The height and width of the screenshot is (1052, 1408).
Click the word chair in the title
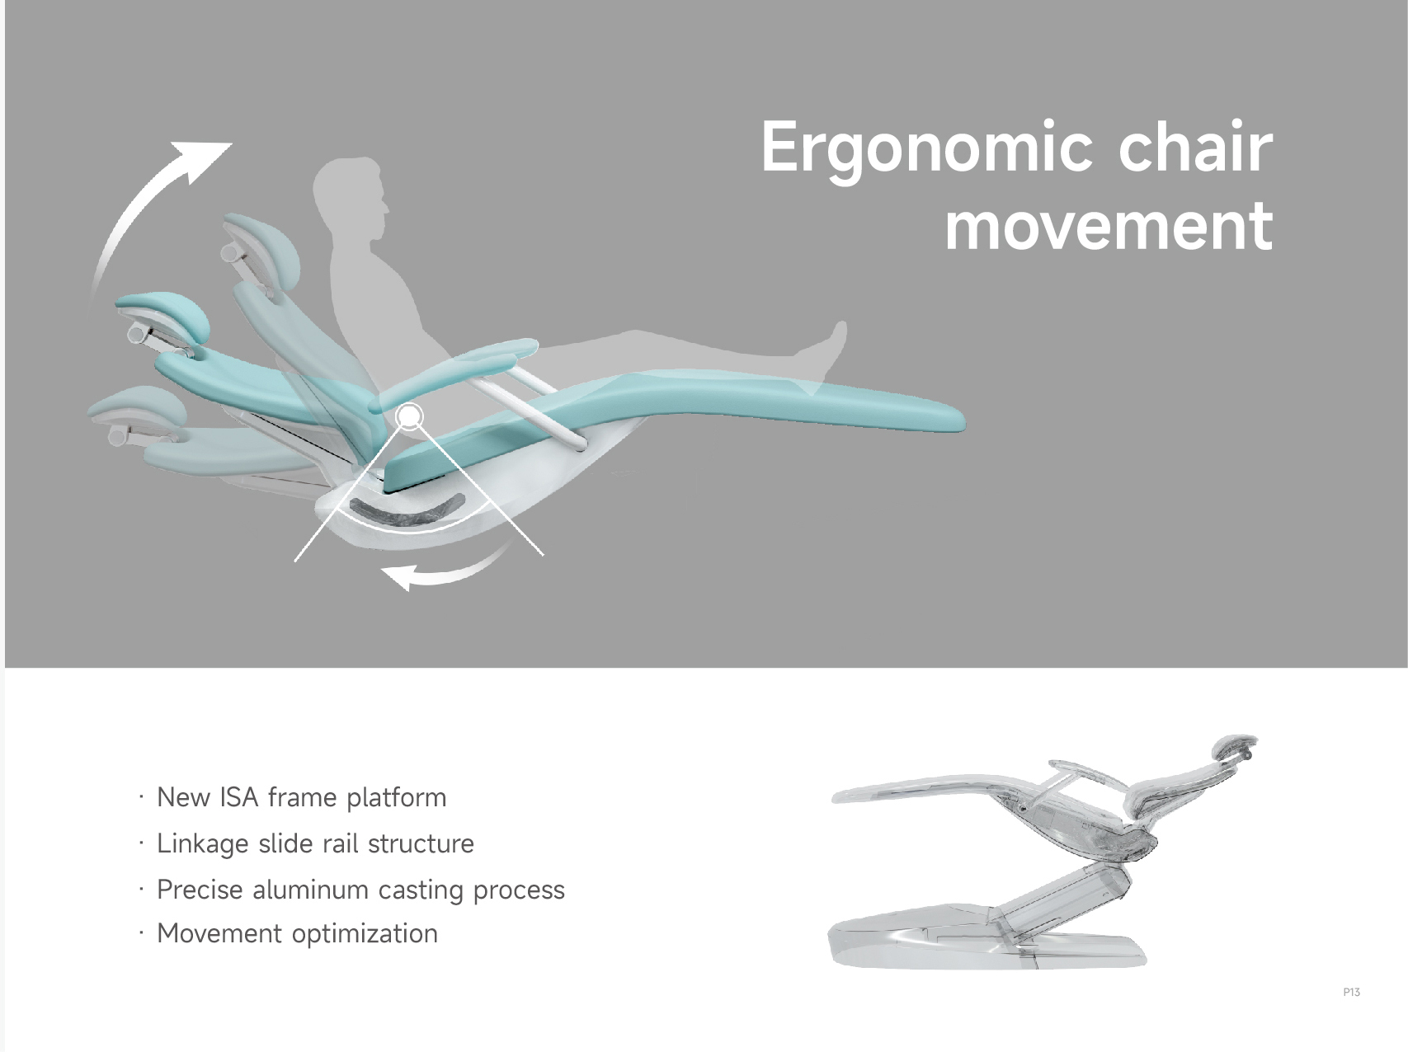coord(1196,147)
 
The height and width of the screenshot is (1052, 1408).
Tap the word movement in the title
coord(1109,225)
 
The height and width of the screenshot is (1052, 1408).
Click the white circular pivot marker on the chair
coord(409,417)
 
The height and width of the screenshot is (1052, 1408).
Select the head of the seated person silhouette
coord(349,190)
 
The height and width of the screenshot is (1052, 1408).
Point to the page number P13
coord(1351,992)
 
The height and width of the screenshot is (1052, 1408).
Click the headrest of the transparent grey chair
coord(1235,749)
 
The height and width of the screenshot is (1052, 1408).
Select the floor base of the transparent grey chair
coord(987,937)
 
